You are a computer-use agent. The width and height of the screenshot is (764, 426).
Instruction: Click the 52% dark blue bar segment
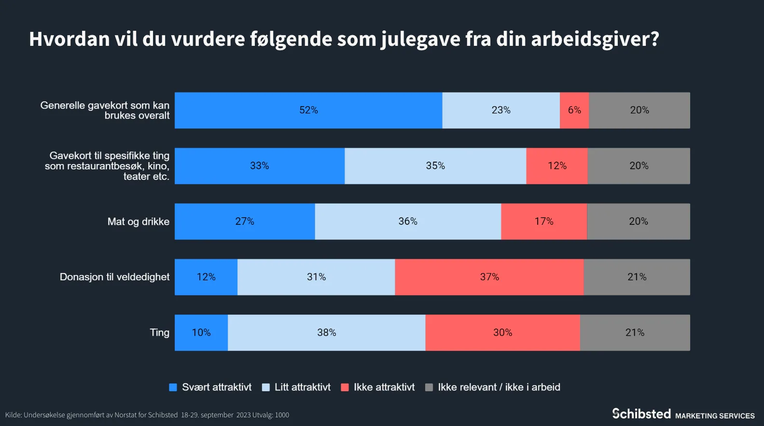click(x=308, y=110)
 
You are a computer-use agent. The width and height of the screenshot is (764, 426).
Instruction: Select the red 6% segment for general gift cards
click(x=574, y=110)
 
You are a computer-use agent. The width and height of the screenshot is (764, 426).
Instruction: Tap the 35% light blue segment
click(x=435, y=166)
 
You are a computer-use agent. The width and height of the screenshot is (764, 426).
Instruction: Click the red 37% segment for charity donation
click(x=489, y=277)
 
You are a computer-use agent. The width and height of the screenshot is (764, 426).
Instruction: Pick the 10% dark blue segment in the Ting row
click(x=201, y=333)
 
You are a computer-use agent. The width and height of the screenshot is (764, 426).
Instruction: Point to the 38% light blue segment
click(x=327, y=333)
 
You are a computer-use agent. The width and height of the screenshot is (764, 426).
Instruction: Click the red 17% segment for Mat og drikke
click(x=544, y=221)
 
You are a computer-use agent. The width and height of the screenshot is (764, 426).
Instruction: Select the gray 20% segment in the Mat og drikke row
click(x=639, y=221)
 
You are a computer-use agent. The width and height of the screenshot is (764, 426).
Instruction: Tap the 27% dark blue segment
click(x=245, y=221)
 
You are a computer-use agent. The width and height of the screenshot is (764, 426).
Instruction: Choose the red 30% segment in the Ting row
click(x=502, y=333)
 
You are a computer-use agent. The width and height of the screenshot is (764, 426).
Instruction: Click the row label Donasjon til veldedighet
click(x=114, y=277)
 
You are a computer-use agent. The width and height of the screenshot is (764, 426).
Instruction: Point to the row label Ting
click(x=159, y=332)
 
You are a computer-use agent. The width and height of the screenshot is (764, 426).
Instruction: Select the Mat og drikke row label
click(x=138, y=221)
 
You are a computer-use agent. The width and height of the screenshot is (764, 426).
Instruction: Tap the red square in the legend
click(x=345, y=387)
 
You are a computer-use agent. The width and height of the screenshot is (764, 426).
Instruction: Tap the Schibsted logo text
click(x=641, y=414)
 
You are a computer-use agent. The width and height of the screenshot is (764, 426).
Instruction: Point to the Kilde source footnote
click(x=147, y=415)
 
